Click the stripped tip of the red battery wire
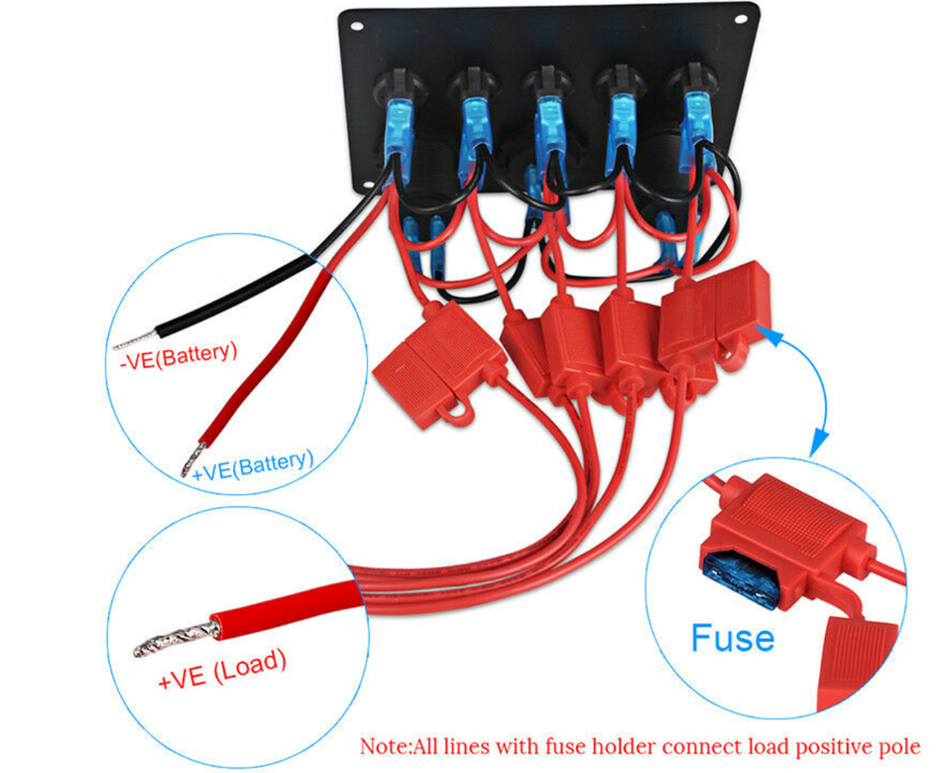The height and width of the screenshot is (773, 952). pos(187,461)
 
